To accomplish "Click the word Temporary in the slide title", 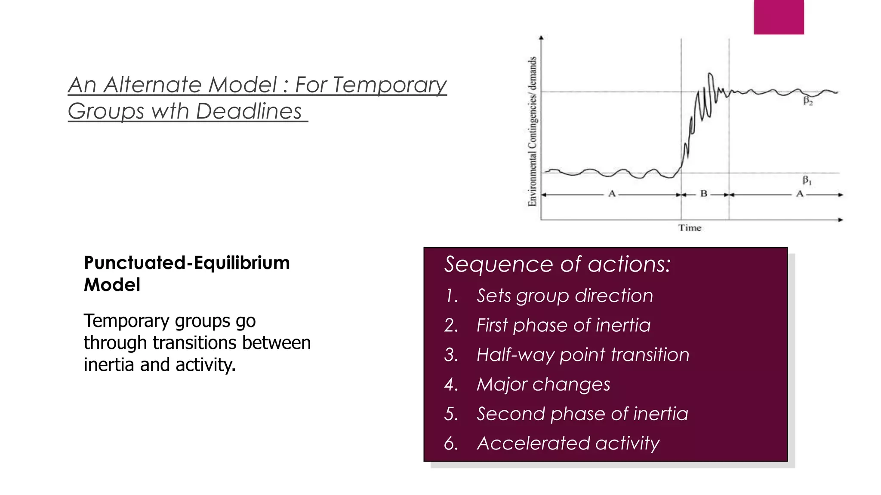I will pyautogui.click(x=389, y=85).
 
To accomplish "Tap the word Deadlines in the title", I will pyautogui.click(x=249, y=111).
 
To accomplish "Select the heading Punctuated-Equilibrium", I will pyautogui.click(x=187, y=263).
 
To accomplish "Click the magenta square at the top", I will pyautogui.click(x=779, y=17).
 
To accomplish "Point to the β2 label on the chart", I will pyautogui.click(x=808, y=101).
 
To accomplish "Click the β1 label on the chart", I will pyautogui.click(x=807, y=180).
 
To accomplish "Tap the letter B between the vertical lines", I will pyautogui.click(x=704, y=194).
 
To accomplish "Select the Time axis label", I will pyautogui.click(x=690, y=228).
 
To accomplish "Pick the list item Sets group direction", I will pyautogui.click(x=564, y=296).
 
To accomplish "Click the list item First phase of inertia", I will pyautogui.click(x=563, y=325).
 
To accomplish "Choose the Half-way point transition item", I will pyautogui.click(x=582, y=355).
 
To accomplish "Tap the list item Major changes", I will pyautogui.click(x=543, y=384).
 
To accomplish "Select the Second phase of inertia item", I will pyautogui.click(x=582, y=414).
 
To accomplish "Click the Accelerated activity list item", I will pyautogui.click(x=568, y=443).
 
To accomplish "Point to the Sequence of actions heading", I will pyautogui.click(x=557, y=264).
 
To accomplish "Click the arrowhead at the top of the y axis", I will pyautogui.click(x=541, y=38).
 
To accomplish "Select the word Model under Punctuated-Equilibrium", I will pyautogui.click(x=112, y=285).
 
